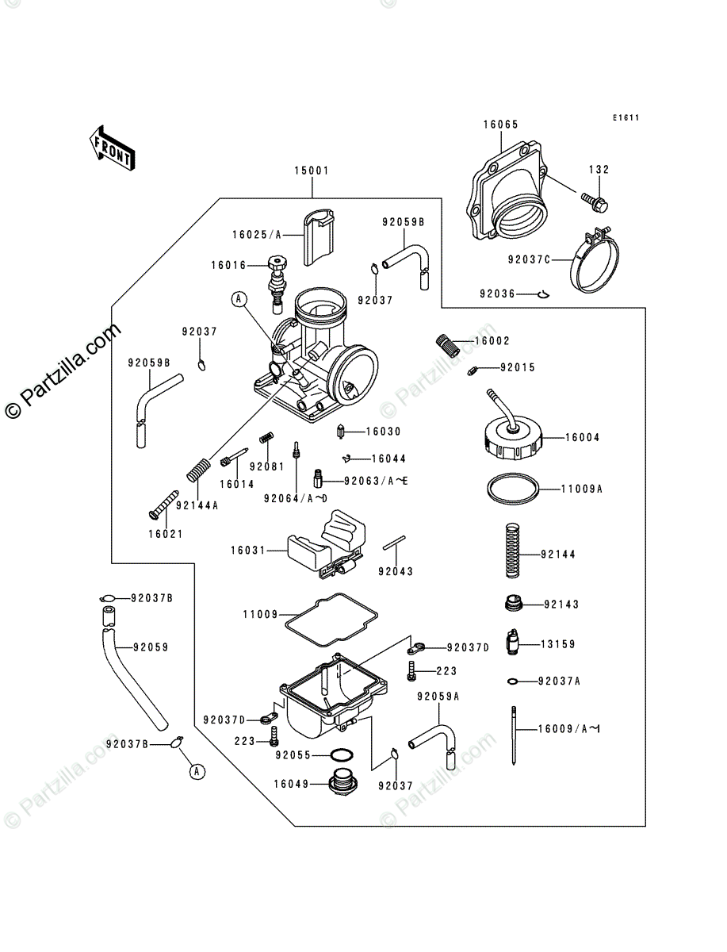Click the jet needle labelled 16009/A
pyautogui.click(x=515, y=734)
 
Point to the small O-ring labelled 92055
pyautogui.click(x=341, y=755)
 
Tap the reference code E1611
pyautogui.click(x=625, y=118)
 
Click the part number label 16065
pyautogui.click(x=500, y=125)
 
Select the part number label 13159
pyautogui.click(x=560, y=645)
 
